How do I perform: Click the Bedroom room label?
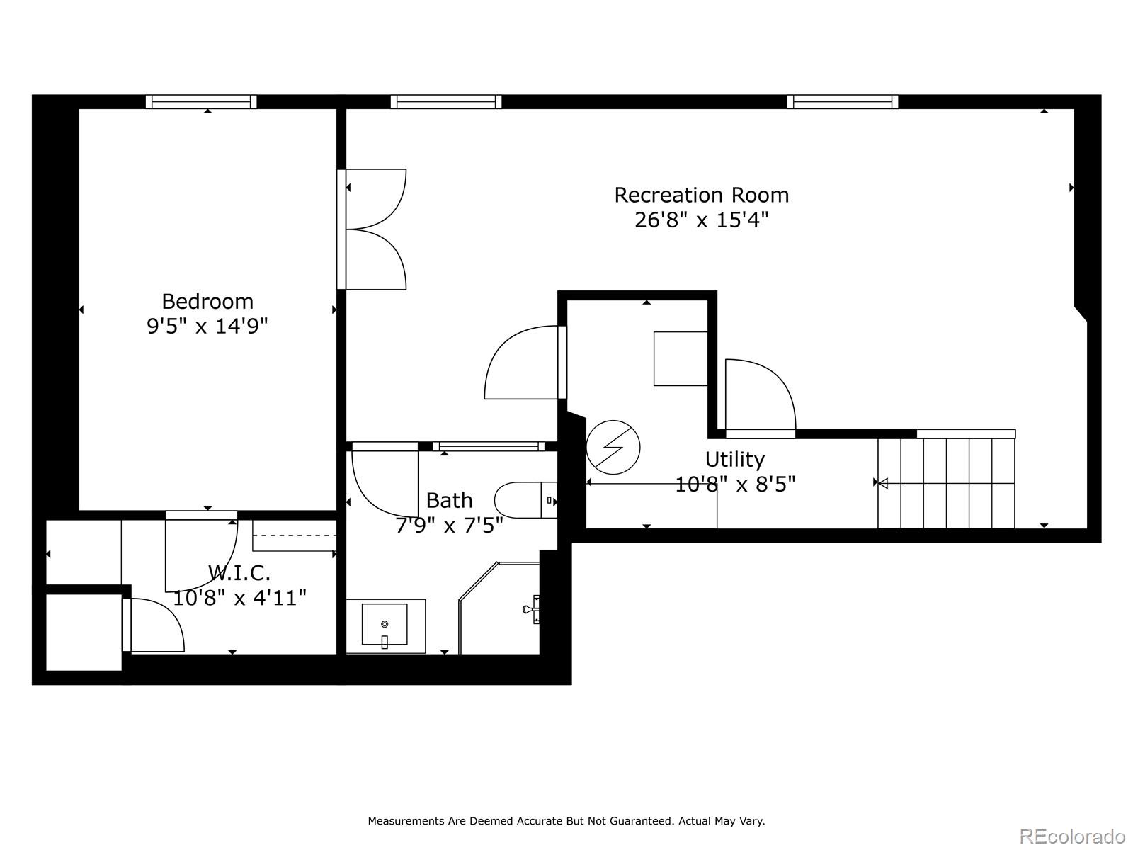(207, 302)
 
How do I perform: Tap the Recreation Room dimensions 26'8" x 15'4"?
(701, 220)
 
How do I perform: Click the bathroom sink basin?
(385, 625)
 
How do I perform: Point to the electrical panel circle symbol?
(613, 448)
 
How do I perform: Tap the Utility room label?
(734, 460)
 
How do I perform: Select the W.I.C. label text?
(239, 572)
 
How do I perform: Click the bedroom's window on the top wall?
(201, 102)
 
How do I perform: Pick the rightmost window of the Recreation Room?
(843, 102)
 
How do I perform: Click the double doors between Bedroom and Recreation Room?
(372, 229)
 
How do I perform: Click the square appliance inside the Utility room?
(680, 358)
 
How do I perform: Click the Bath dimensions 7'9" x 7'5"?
(449, 525)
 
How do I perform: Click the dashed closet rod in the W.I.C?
(294, 535)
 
